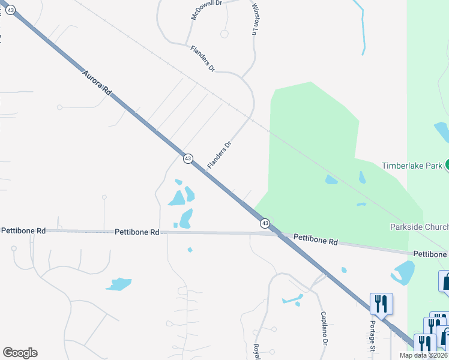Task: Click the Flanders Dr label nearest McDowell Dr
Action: point(202,59)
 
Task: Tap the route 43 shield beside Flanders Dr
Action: point(188,158)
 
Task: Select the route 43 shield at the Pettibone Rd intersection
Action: point(265,223)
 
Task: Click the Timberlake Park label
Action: point(412,165)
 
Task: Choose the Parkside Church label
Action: point(418,227)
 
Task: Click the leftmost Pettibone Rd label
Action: point(23,230)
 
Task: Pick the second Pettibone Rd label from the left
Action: point(137,232)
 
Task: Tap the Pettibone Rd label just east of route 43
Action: point(316,239)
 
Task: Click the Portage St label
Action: point(372,340)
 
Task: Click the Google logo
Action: point(20,353)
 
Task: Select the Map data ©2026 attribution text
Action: point(423,355)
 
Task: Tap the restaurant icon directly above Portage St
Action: point(381,304)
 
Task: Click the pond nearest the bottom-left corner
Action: point(118,284)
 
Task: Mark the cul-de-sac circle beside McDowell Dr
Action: point(224,34)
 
